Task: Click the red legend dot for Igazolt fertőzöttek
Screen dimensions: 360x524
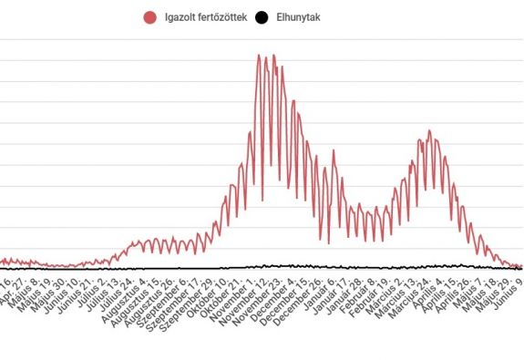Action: (150, 17)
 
